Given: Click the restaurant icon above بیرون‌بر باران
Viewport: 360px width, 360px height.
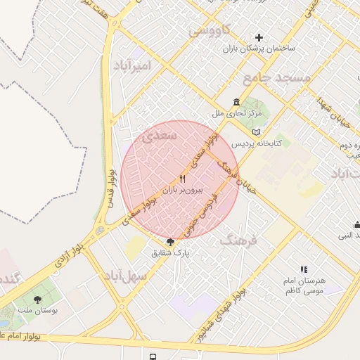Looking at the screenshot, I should (183, 179).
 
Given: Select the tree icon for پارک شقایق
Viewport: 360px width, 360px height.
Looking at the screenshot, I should (170, 242).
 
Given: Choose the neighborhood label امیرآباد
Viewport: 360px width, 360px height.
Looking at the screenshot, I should (131, 66).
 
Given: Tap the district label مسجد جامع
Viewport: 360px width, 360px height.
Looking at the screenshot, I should (276, 77).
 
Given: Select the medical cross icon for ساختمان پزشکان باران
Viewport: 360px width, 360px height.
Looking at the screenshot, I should (259, 37).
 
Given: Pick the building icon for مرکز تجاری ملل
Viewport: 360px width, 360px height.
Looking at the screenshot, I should (236, 101).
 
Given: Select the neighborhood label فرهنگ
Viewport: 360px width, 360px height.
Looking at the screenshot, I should (239, 240).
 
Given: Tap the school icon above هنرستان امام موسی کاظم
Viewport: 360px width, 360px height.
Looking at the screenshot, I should (304, 269).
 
